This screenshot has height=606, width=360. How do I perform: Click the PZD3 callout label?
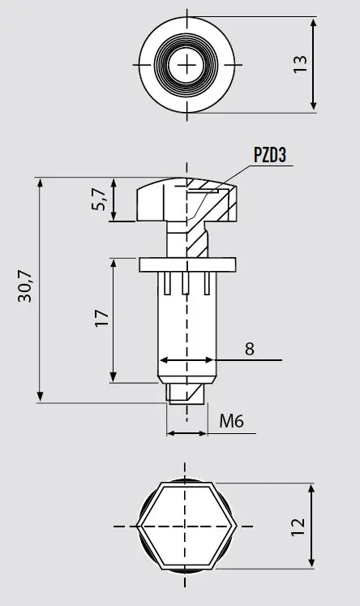270,155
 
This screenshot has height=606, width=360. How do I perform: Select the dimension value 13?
300,64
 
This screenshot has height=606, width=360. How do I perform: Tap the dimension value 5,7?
99,200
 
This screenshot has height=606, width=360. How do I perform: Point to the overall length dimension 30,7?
25,286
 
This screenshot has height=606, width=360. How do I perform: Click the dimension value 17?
102,318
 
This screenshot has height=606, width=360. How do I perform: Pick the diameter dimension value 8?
250,349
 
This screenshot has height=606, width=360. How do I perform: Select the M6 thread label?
231,421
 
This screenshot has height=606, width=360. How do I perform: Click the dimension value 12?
298,526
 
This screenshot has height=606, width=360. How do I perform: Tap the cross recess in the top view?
186,65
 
